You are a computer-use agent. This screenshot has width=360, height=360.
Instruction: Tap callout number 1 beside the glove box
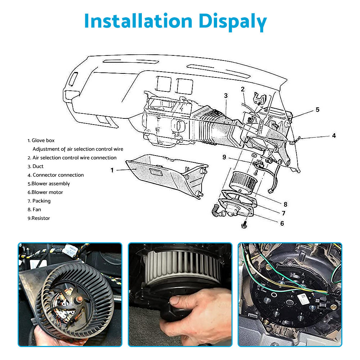112,170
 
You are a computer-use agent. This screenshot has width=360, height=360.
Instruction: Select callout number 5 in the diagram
317,109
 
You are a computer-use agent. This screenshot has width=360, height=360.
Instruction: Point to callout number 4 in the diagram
334,136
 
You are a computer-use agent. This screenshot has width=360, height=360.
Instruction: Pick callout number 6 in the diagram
282,223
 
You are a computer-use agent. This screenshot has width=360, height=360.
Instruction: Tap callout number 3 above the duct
226,96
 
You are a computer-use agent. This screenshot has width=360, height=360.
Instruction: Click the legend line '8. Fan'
35,210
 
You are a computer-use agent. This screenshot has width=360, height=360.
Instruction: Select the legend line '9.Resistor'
39,218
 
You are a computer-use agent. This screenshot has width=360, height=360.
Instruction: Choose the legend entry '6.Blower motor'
45,192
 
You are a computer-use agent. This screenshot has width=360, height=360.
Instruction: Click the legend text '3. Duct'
36,166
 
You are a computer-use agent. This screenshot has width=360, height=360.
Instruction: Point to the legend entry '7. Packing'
39,201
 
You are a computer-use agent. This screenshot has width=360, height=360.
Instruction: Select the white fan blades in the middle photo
180,266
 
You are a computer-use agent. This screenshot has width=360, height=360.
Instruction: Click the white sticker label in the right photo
302,297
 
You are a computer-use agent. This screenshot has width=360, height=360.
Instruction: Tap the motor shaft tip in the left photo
78,299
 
